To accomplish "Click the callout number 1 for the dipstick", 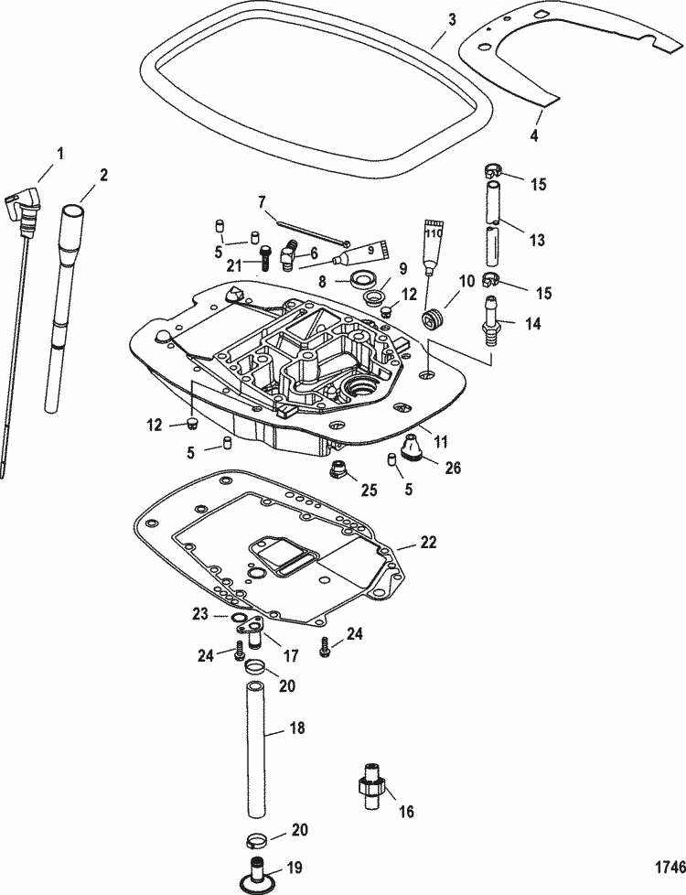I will (x=60, y=155).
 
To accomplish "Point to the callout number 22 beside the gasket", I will (x=429, y=543).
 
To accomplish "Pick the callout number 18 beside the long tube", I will (x=297, y=729).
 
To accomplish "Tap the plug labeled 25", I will (x=340, y=472).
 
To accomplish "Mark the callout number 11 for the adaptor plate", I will (x=441, y=441).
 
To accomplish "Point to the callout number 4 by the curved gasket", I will (x=534, y=135).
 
